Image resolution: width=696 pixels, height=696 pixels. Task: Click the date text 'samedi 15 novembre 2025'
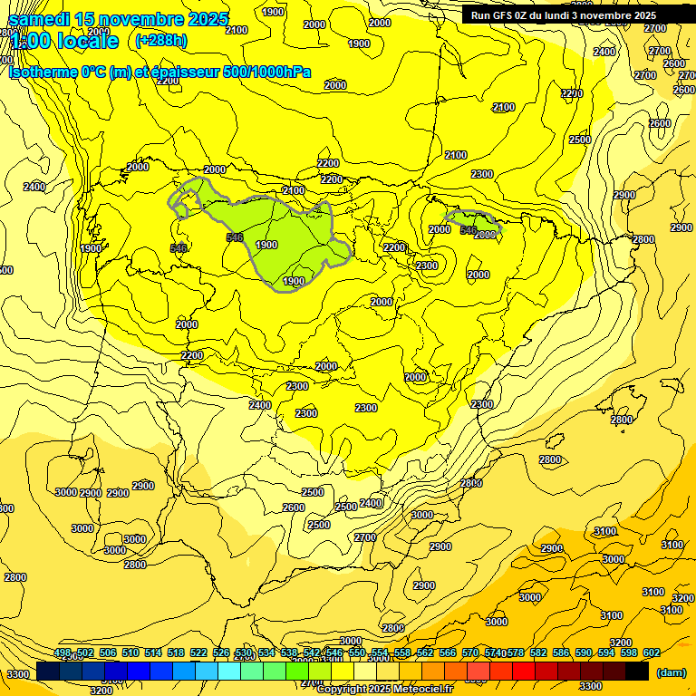(x=118, y=19)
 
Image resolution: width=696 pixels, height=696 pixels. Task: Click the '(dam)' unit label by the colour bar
(x=671, y=672)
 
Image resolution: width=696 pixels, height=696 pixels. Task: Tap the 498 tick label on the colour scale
(x=63, y=653)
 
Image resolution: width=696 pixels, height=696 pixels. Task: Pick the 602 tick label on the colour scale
(x=651, y=653)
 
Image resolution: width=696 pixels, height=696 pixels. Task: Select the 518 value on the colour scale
(x=176, y=653)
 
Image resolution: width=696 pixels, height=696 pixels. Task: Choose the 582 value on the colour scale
(x=538, y=653)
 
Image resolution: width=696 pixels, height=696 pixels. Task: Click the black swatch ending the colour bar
(x=637, y=672)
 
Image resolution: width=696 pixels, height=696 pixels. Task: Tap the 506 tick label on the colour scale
(x=108, y=653)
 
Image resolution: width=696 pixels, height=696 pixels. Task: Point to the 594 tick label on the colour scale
(x=606, y=653)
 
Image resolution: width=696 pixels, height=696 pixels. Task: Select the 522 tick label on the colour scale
(x=198, y=653)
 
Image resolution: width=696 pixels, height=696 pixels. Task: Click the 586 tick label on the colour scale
(x=561, y=653)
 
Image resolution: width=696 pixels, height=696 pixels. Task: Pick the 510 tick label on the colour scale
(x=130, y=653)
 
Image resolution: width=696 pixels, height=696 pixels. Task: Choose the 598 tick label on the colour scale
(x=629, y=653)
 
